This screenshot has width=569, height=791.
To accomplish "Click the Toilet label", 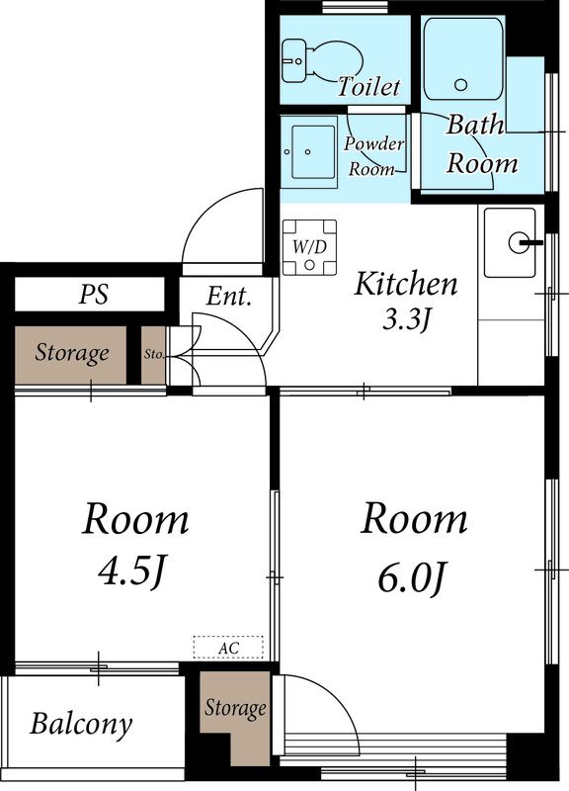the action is click(368, 86).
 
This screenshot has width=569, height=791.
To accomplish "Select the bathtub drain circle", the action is click(460, 85).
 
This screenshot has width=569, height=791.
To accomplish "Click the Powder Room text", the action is click(373, 156).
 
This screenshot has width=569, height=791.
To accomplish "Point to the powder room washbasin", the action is click(308, 152).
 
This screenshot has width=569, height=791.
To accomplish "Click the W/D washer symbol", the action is click(309, 248).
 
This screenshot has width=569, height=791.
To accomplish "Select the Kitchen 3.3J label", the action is click(406, 301).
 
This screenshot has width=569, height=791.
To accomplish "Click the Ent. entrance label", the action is click(228, 296).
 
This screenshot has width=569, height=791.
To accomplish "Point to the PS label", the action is click(94, 294).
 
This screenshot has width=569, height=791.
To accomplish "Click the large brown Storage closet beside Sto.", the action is click(70, 355).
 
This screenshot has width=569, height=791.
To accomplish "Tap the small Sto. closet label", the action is click(154, 354).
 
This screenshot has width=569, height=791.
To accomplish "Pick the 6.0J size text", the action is click(412, 577).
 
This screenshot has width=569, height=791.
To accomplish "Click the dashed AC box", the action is click(228, 648).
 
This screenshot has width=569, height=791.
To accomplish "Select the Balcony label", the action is click(81, 725).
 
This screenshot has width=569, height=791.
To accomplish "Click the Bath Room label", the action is click(481, 143).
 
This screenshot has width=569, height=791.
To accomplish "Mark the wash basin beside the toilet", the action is click(293, 61).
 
